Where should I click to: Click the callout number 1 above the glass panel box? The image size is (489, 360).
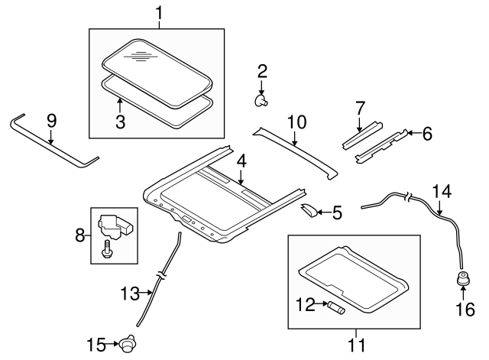click(x=159, y=13)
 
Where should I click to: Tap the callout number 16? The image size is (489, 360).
click(x=465, y=309)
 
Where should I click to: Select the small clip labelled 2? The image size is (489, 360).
click(x=261, y=101)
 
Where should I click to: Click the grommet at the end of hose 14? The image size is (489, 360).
click(x=463, y=278)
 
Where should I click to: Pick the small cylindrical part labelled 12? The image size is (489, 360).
click(x=336, y=306)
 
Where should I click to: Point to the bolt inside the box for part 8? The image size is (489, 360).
click(x=106, y=249)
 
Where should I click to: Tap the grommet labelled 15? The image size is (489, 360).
click(x=128, y=343)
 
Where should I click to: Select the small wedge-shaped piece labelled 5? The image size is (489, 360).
click(x=309, y=210)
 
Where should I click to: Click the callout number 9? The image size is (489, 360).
click(x=52, y=121)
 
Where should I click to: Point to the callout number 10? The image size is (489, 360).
click(x=296, y=122)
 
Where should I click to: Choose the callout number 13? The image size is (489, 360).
click(x=131, y=294)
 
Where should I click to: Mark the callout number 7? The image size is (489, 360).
click(x=360, y=109)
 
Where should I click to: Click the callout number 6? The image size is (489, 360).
click(x=427, y=134)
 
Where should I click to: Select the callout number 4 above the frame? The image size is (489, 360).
click(x=241, y=161)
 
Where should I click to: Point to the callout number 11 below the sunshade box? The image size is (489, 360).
click(x=357, y=345)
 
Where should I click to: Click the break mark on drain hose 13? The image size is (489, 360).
click(x=161, y=275)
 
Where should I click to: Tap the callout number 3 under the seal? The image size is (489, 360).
click(x=121, y=122)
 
